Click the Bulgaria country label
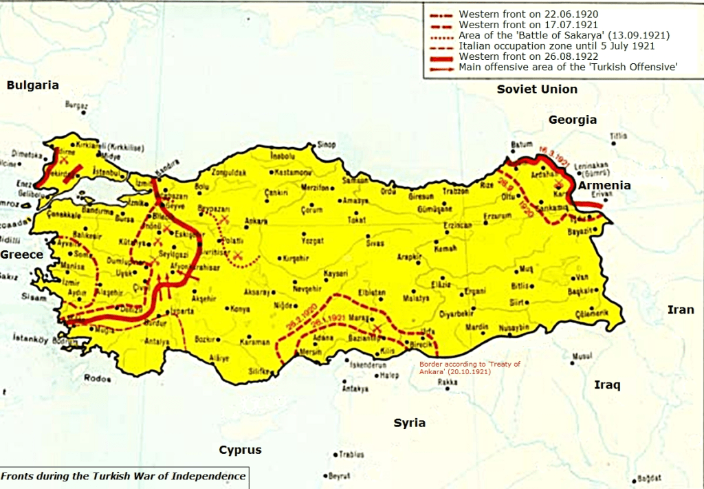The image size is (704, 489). [32, 85]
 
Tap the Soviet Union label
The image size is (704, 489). [537, 89]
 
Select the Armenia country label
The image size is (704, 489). [604, 186]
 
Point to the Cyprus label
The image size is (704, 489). [240, 450]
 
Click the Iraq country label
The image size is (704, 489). [607, 385]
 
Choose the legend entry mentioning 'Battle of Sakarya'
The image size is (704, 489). [564, 35]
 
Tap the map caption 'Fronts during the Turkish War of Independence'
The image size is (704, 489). [123, 476]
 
